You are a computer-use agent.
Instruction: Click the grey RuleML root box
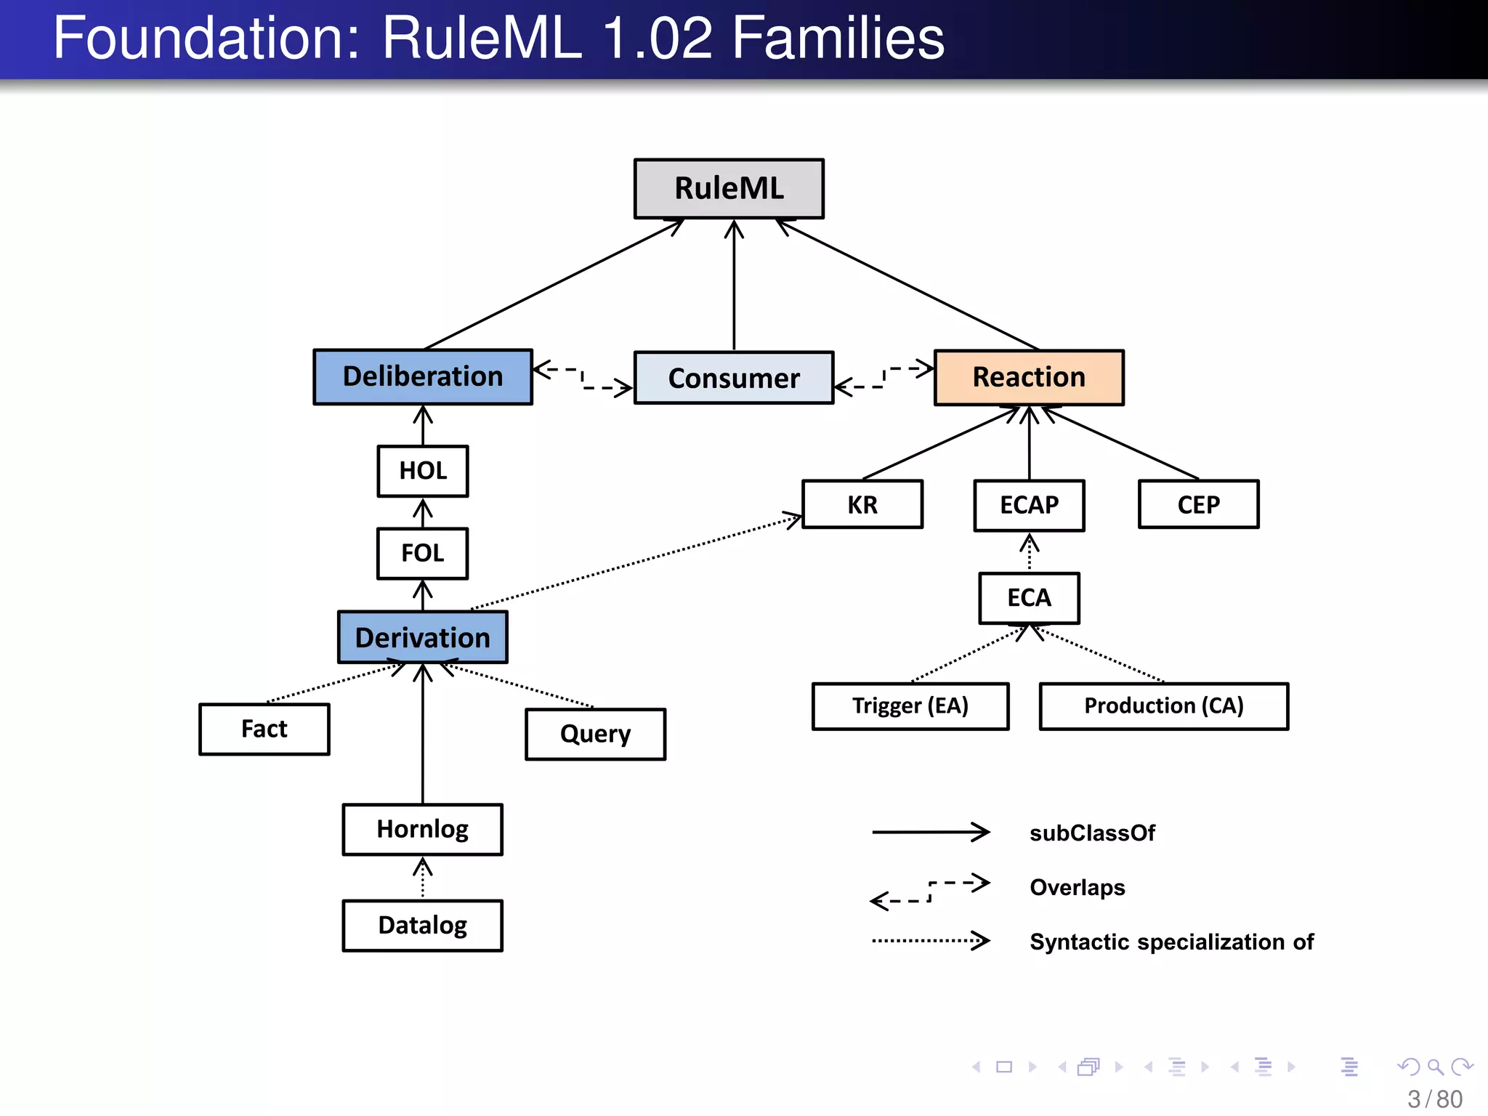(729, 189)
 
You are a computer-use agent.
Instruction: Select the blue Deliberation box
(423, 377)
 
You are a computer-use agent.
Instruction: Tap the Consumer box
(734, 379)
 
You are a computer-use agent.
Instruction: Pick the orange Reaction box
(1029, 378)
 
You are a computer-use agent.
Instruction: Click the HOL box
(423, 471)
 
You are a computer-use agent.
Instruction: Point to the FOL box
(423, 554)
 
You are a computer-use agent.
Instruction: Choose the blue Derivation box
(423, 638)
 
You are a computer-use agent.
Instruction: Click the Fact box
(264, 729)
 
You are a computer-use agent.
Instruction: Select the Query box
(595, 735)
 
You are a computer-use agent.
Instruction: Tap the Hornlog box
(423, 830)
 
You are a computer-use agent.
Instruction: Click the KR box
(862, 505)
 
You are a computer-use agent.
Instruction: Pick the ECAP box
(1029, 505)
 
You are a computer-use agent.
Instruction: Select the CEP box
(1199, 505)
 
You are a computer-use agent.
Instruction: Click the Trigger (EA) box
(910, 706)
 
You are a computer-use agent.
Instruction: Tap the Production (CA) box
(1164, 706)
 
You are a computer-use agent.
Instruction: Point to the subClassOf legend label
(1092, 833)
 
